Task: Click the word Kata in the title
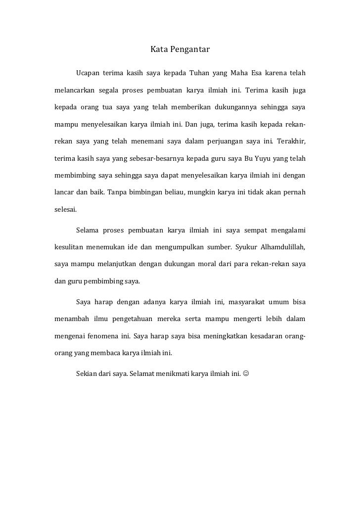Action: (x=159, y=50)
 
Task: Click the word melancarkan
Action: (x=73, y=91)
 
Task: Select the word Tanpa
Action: (x=117, y=191)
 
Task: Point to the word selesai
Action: (x=65, y=209)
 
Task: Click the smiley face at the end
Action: (x=246, y=373)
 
